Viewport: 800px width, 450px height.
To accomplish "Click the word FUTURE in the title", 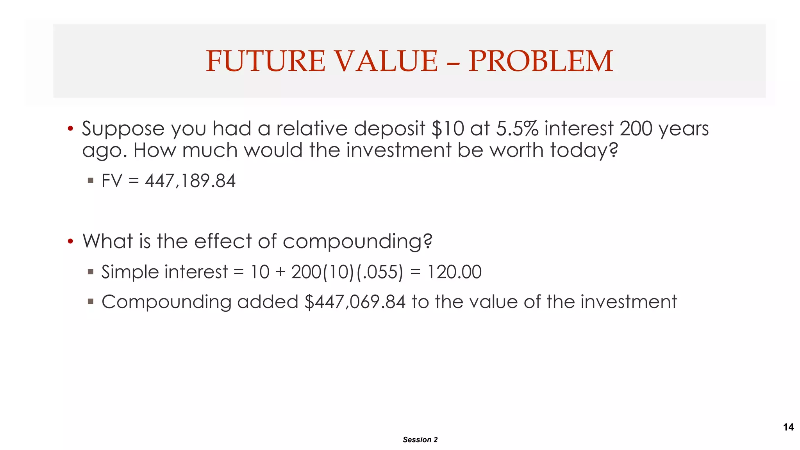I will pyautogui.click(x=265, y=61).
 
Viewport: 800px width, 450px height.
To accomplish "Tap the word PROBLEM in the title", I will pyautogui.click(x=541, y=61).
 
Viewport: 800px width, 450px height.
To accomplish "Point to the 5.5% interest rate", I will pyautogui.click(x=517, y=129).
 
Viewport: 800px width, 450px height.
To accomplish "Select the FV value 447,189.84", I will pyautogui.click(x=190, y=181).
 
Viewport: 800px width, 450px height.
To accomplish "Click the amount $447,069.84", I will pyautogui.click(x=355, y=302).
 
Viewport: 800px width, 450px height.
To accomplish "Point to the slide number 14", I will pyautogui.click(x=788, y=427).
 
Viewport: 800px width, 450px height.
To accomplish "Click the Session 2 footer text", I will pyautogui.click(x=420, y=439).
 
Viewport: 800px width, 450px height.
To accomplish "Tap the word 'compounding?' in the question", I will pyautogui.click(x=357, y=241).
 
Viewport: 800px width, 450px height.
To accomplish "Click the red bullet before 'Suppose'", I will pyautogui.click(x=70, y=129).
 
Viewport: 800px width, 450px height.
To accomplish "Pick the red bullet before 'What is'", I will pyautogui.click(x=70, y=241).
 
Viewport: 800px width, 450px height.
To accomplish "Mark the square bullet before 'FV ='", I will pyautogui.click(x=91, y=180).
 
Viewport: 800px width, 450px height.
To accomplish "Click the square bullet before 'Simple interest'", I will pyautogui.click(x=91, y=271).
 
